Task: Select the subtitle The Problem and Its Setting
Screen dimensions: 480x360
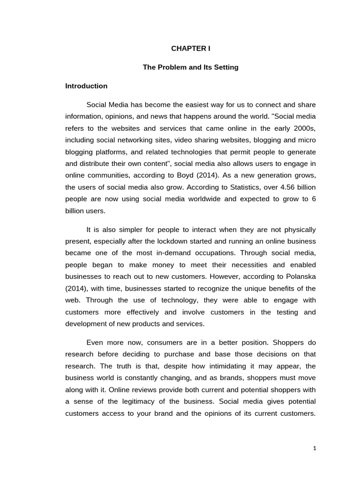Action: pyautogui.click(x=190, y=67)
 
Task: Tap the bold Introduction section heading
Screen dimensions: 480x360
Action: pyautogui.click(x=86, y=86)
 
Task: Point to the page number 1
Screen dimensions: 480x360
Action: pyautogui.click(x=315, y=448)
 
